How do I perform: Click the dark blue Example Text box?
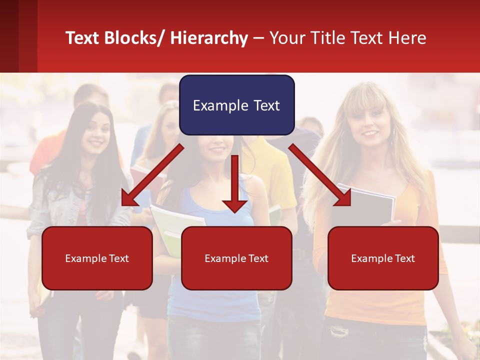(236, 105)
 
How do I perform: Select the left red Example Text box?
(97, 258)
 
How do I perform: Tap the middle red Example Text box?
(236, 258)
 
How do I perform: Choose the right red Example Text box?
(383, 258)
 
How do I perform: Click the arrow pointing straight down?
(235, 185)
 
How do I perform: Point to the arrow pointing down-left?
(152, 175)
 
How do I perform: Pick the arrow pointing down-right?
(320, 175)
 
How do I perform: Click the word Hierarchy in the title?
(209, 38)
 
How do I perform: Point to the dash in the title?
(258, 38)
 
